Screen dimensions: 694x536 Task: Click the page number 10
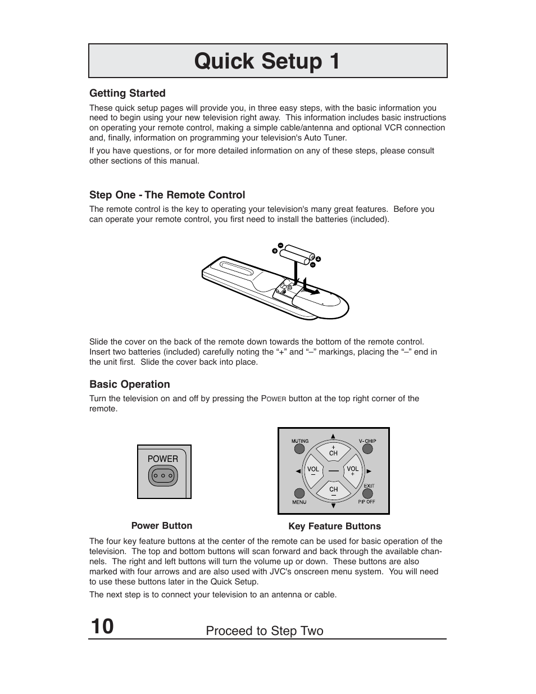[102, 626]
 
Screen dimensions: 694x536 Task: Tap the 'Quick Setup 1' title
[267, 61]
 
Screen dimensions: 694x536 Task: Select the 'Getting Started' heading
[128, 93]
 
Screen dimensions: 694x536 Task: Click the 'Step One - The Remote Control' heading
[167, 195]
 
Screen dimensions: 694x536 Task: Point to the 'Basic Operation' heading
[130, 384]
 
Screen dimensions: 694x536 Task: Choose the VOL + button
[353, 471]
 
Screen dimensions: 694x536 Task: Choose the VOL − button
[314, 471]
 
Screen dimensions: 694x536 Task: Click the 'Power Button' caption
[162, 526]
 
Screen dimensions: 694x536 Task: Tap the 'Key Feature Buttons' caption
[334, 527]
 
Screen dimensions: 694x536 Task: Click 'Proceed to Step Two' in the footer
[265, 631]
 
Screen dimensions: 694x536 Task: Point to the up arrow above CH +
[333, 436]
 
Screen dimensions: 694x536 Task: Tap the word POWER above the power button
[163, 459]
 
